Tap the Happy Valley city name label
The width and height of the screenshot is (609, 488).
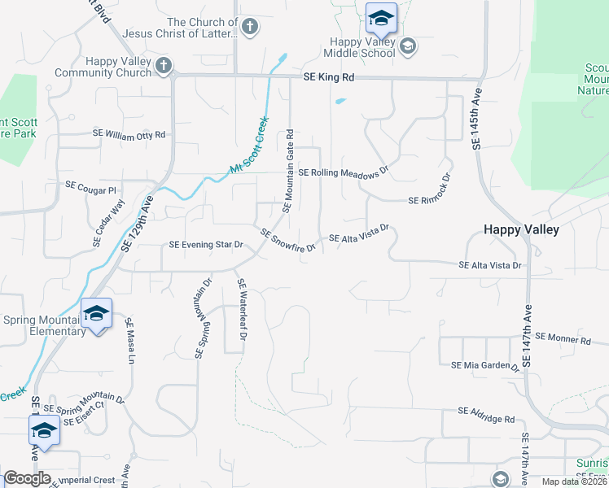[x=521, y=229]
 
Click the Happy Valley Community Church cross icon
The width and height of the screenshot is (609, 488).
[x=164, y=65]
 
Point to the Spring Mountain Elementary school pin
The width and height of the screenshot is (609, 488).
[x=96, y=315]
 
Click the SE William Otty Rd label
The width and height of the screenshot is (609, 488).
[x=129, y=134]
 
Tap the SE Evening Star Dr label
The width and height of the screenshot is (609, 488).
[x=206, y=245]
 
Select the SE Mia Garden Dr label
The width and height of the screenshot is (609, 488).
[x=485, y=366]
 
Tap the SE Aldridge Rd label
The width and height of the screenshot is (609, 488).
[x=486, y=420]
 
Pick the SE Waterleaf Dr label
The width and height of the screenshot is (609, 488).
[x=242, y=309]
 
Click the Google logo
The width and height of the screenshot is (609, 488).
[x=27, y=478]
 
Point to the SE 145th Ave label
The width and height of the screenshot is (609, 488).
[x=477, y=119]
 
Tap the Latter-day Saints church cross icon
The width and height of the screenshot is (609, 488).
[x=250, y=27]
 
